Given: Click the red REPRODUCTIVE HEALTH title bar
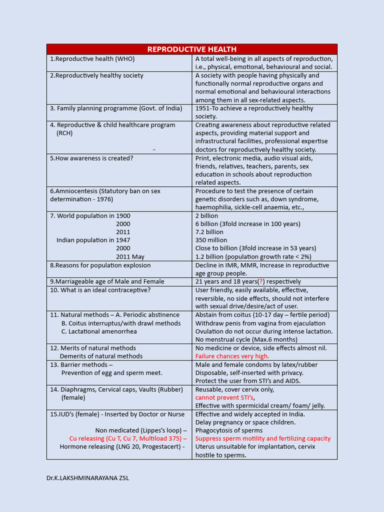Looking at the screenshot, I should [x=192, y=49].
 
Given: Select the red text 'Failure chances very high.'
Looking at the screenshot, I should [x=232, y=356].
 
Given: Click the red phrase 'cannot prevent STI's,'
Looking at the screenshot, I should [x=225, y=397].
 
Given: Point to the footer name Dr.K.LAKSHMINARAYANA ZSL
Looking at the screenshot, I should [x=87, y=477].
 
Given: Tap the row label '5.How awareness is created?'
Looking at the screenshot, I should [x=91, y=158].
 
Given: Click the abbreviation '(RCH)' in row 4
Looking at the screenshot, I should [x=64, y=133].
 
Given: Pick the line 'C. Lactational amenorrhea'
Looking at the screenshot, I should [x=99, y=331].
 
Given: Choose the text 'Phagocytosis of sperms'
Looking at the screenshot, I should [x=228, y=430].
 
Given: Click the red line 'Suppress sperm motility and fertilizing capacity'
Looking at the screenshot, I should [x=263, y=438].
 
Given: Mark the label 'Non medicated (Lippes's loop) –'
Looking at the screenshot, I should [x=141, y=430].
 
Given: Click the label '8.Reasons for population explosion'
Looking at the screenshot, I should [x=100, y=265].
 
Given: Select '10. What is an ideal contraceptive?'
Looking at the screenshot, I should [x=100, y=290].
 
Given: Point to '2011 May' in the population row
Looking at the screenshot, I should [x=130, y=256].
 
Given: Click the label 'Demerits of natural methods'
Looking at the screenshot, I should [x=101, y=356].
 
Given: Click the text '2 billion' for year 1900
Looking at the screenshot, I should [x=206, y=215].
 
